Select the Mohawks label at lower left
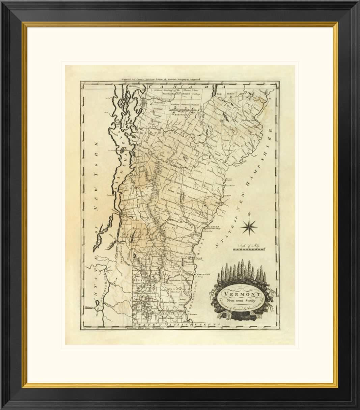(x=89, y=308)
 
